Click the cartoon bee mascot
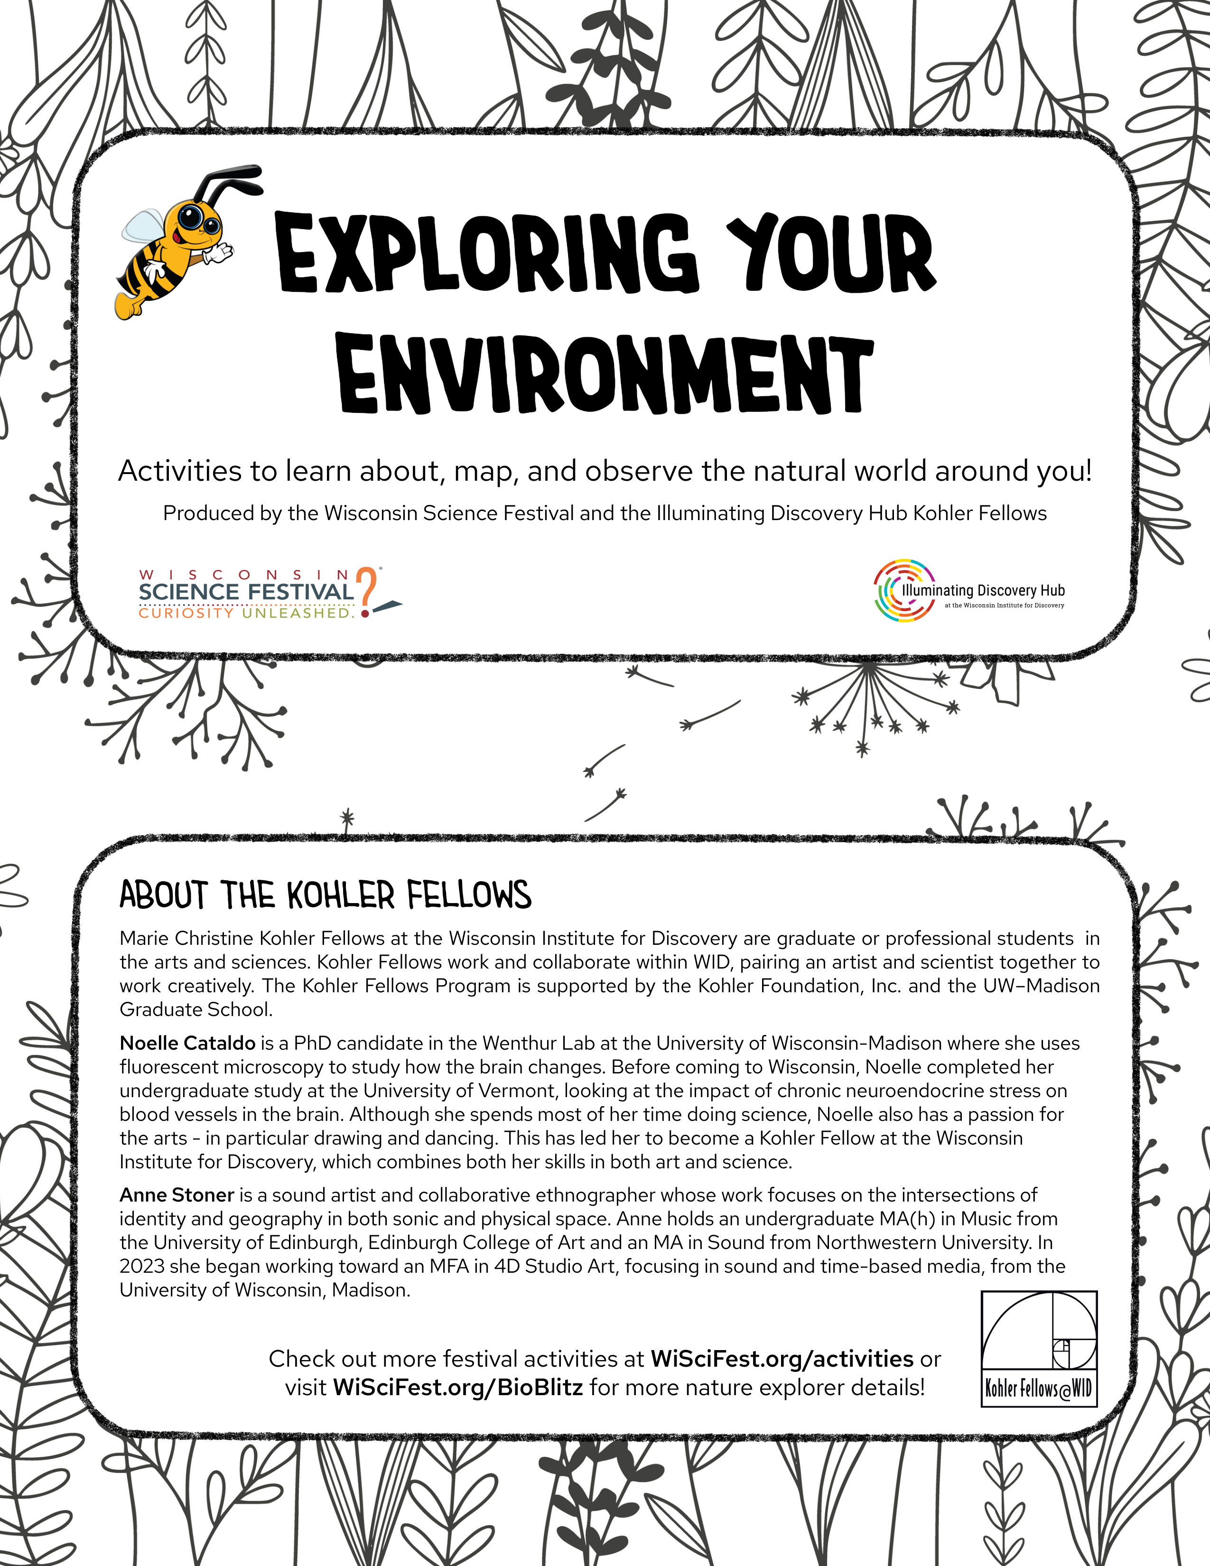point(176,247)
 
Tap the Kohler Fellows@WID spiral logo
point(1039,1349)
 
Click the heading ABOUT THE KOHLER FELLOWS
point(325,895)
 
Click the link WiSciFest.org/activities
point(782,1359)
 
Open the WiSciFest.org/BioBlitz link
point(457,1388)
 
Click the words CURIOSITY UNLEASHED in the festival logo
point(246,613)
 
